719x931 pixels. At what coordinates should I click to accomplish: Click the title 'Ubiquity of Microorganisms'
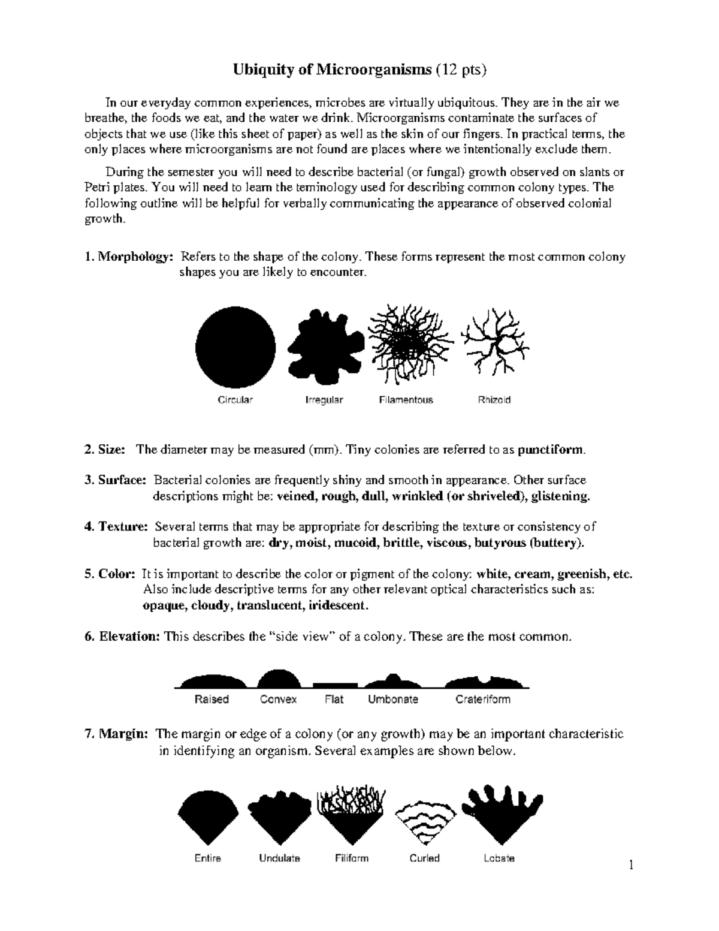(331, 70)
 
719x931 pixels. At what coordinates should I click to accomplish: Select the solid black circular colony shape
(235, 348)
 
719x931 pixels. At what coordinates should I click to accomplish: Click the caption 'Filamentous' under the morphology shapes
(406, 400)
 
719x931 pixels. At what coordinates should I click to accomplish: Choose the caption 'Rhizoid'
(494, 400)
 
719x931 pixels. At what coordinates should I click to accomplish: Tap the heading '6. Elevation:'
(122, 637)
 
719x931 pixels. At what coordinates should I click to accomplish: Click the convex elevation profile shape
(279, 679)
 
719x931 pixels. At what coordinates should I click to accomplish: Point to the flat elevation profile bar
(335, 685)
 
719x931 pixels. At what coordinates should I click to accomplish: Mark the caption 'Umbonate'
(392, 699)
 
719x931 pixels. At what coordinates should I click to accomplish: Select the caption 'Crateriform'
(482, 699)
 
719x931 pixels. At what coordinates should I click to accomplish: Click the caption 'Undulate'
(279, 858)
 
